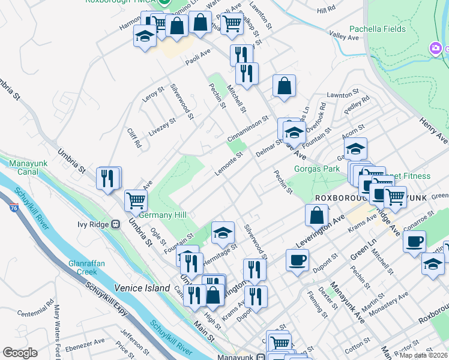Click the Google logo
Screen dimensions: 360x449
coord(20,353)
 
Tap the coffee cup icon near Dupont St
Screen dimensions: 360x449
coord(297,260)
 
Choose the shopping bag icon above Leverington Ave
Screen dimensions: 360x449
coord(316,214)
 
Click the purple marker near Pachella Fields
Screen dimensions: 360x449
coord(436,47)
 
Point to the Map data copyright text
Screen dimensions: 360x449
coord(424,355)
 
